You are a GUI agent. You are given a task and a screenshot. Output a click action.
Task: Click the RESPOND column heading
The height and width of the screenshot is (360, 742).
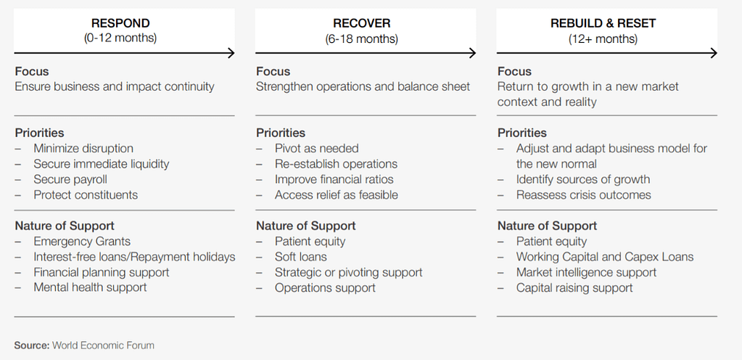(x=120, y=23)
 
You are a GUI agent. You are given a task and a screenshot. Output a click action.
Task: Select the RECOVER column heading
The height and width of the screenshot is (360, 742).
(x=361, y=23)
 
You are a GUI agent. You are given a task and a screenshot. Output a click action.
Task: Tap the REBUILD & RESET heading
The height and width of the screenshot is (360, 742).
(x=603, y=23)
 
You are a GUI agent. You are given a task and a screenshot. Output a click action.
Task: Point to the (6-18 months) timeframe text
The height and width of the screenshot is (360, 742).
(x=361, y=38)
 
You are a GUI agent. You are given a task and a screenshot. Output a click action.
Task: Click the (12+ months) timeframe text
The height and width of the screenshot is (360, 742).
(x=603, y=38)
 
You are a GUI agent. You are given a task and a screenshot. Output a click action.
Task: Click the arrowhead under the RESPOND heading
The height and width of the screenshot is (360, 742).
(x=231, y=53)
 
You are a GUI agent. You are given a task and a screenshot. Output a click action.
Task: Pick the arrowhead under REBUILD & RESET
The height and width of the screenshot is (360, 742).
(x=714, y=53)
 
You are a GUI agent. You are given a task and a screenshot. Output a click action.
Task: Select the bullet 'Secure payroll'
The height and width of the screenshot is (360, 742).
(x=70, y=179)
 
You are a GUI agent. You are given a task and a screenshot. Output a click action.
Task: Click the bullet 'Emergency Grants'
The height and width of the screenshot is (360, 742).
(x=82, y=241)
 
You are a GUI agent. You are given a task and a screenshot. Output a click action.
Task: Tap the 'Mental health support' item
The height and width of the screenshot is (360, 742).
(x=90, y=287)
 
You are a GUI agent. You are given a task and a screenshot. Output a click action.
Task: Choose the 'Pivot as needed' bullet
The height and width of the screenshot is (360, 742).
(x=316, y=148)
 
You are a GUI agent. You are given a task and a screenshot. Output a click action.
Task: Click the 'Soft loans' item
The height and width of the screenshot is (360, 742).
(x=300, y=257)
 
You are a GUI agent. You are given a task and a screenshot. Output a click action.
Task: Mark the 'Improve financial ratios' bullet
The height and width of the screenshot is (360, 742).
(x=334, y=179)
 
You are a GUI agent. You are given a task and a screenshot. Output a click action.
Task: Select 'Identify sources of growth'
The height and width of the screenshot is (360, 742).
(x=583, y=179)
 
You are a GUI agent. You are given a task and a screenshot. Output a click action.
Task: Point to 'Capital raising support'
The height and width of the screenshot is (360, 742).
(x=574, y=287)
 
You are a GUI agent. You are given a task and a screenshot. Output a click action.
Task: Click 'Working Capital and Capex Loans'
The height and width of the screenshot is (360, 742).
(x=605, y=257)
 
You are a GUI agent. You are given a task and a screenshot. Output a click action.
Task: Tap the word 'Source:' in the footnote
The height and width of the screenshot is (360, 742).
(x=32, y=345)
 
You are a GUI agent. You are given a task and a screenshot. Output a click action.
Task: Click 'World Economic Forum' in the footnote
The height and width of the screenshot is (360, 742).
(x=103, y=345)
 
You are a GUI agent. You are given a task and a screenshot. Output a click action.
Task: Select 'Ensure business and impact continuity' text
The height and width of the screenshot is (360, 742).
(x=115, y=86)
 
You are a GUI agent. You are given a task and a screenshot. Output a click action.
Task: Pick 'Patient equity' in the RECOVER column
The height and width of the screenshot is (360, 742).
(x=310, y=241)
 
